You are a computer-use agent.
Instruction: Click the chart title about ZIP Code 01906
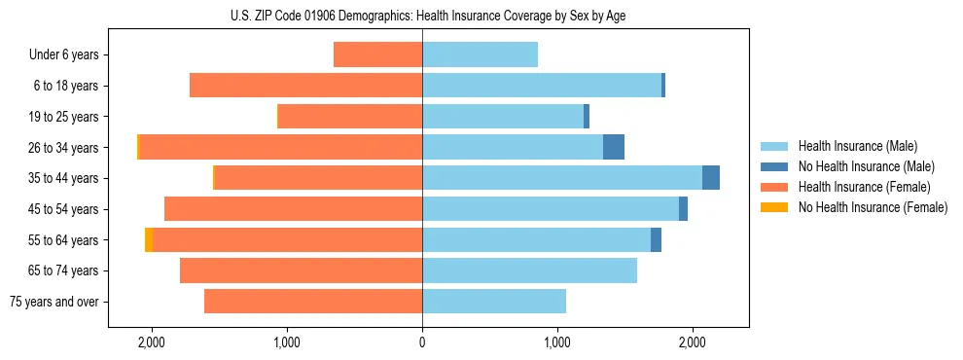point(422,16)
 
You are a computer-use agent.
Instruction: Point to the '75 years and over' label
point(54,302)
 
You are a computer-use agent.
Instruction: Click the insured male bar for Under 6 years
point(480,54)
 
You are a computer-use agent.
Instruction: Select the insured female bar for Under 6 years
point(377,54)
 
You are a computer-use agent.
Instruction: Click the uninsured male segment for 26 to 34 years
point(614,147)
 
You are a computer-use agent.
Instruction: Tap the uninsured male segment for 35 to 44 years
point(711,178)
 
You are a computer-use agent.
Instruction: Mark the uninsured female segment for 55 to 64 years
point(149,239)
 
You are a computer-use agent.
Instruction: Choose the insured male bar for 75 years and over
point(494,302)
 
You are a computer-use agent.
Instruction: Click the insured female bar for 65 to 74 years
point(301,270)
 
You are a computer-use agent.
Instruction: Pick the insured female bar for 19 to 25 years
point(350,117)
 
